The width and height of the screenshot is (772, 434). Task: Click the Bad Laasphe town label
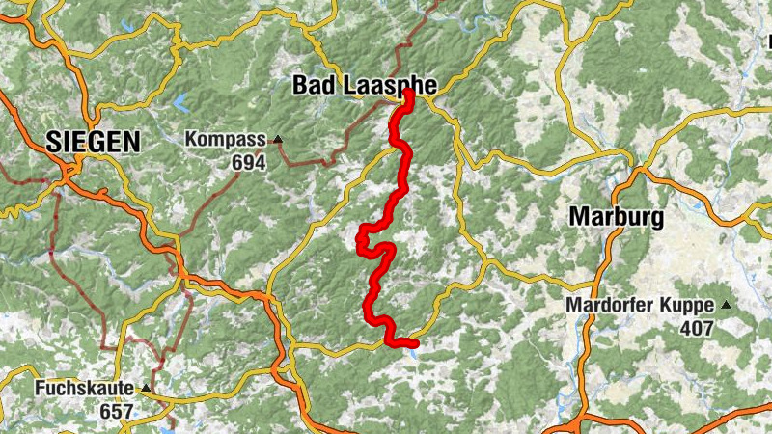364,86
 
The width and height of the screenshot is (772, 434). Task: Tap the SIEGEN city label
93,143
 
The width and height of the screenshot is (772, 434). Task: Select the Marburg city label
616,217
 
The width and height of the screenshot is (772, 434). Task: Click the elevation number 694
248,162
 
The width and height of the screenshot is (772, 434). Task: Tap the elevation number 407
696,329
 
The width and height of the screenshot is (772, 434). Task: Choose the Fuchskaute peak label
86,389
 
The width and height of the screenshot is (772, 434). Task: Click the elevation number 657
115,412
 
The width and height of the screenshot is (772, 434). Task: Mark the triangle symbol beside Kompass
278,140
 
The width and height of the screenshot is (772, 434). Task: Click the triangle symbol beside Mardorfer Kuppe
725,306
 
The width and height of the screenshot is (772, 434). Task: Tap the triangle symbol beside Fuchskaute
146,389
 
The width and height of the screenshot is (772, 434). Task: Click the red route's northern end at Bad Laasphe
409,94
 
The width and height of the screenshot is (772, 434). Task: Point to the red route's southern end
414,343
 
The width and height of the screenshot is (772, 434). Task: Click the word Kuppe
689,306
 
